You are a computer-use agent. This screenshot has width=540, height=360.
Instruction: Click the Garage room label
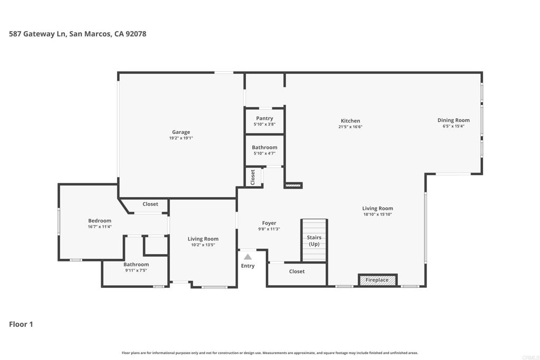point(181,132)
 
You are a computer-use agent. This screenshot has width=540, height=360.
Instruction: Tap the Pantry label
point(265,118)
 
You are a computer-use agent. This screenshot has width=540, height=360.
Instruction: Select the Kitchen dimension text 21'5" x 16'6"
point(350,127)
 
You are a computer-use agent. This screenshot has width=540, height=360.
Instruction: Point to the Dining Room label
point(454,120)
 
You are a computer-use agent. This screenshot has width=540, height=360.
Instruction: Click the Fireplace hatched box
point(378,280)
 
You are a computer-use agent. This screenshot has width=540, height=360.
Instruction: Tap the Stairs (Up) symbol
point(314,240)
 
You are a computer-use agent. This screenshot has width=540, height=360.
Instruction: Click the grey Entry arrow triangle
point(248,257)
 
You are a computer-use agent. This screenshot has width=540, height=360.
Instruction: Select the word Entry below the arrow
point(248,266)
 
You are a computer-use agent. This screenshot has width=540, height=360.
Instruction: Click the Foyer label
point(269,223)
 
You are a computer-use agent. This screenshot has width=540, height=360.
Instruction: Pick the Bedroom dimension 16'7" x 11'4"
point(100,227)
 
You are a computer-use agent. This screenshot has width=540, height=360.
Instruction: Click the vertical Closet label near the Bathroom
point(253,177)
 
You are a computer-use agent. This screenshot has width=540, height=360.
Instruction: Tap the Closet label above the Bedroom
point(150,204)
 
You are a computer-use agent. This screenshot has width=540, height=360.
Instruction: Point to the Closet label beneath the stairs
point(297,271)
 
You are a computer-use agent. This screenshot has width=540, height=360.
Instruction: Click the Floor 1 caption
point(21,324)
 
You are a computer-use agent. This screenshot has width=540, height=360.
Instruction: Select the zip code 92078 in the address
point(136,34)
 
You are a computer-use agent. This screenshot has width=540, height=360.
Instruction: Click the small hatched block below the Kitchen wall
point(293,186)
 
